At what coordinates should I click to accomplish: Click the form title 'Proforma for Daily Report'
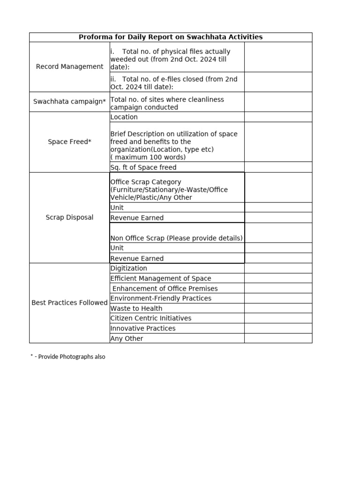click(171, 37)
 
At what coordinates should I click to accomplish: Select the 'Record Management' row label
click(69, 67)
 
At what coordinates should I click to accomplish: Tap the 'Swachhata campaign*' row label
click(69, 102)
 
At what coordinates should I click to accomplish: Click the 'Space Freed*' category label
click(69, 142)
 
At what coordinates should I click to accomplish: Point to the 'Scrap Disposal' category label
click(69, 217)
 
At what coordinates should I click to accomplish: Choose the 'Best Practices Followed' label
click(69, 303)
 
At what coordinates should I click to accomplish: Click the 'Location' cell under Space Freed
click(124, 117)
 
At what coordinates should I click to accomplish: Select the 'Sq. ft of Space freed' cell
click(143, 167)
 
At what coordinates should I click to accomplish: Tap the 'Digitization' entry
click(129, 269)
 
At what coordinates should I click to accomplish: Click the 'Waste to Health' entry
click(136, 308)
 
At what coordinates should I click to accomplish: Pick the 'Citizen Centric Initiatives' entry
click(151, 318)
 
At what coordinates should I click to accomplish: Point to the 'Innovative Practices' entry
click(143, 329)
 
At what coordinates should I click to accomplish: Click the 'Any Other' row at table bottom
click(127, 338)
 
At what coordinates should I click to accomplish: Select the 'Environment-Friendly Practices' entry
click(161, 299)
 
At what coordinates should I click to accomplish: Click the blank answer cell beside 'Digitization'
click(278, 269)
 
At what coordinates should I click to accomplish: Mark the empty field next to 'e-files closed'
click(278, 82)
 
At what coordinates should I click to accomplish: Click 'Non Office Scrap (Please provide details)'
click(177, 238)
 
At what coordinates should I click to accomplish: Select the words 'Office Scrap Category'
click(146, 182)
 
